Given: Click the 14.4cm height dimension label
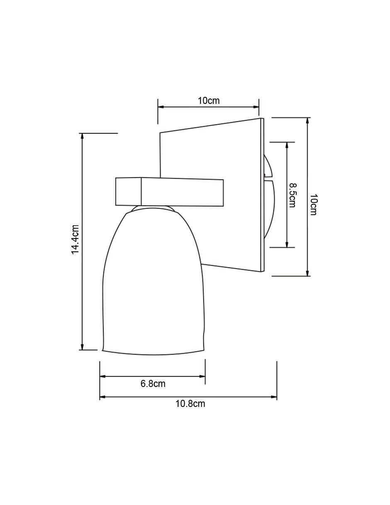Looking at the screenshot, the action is point(76,239).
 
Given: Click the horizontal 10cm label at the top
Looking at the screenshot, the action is point(208,101).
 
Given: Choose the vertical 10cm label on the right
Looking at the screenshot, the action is point(313,204).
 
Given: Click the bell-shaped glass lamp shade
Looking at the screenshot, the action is point(154,285).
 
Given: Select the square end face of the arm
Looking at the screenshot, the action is point(129,192).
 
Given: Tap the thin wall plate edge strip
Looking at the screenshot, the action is point(263,195).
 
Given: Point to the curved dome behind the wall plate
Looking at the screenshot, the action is point(269,196).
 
